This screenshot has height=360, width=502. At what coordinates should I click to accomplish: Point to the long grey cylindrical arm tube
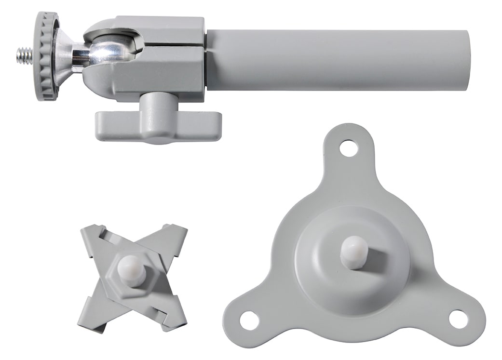tap(338, 60)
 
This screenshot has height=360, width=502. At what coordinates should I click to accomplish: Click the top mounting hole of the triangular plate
tap(348, 148)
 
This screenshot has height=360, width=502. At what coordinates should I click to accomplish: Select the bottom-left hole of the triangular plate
tap(249, 320)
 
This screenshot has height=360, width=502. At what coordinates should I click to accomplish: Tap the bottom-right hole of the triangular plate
tap(459, 319)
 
